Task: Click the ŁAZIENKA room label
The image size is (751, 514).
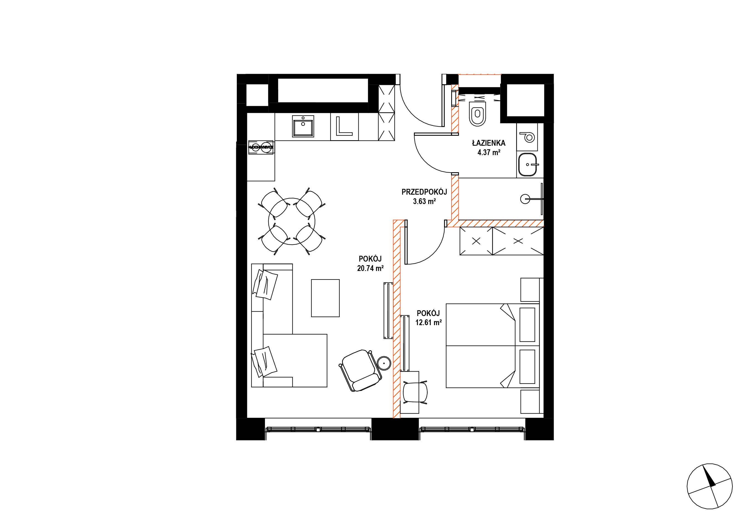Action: point(489,143)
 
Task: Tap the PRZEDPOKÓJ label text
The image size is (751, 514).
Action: point(424,192)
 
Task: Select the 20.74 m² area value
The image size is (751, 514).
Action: point(370,268)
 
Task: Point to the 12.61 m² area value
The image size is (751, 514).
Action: point(429,322)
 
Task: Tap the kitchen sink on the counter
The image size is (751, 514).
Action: point(303,126)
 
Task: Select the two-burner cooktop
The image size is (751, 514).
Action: point(261,147)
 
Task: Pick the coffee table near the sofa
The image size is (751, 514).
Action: point(325,298)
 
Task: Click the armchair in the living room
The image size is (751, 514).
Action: point(360,371)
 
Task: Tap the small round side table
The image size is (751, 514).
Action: point(385,363)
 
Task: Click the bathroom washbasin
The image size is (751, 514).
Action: point(527,165)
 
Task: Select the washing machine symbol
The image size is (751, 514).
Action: point(527,137)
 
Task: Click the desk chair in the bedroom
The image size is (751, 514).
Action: point(415,392)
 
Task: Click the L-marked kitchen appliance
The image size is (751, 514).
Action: point(345,127)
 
